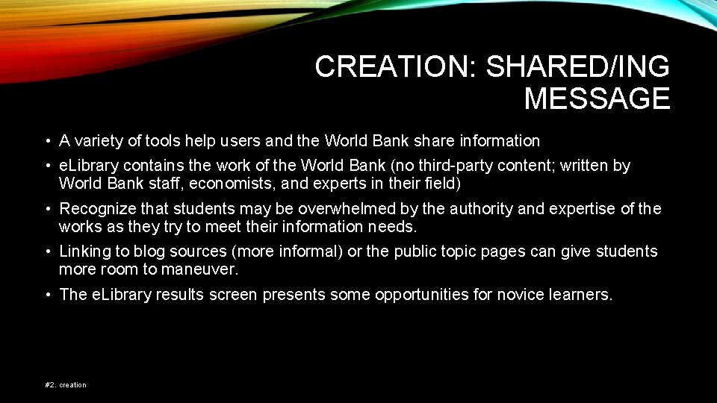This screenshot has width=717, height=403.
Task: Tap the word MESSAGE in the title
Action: point(597,99)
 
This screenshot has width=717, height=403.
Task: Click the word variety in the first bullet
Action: point(99,141)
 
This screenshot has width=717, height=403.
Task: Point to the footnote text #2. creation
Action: point(66,385)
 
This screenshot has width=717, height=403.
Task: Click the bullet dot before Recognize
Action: point(46,209)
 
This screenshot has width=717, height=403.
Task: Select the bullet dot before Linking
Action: point(46,252)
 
